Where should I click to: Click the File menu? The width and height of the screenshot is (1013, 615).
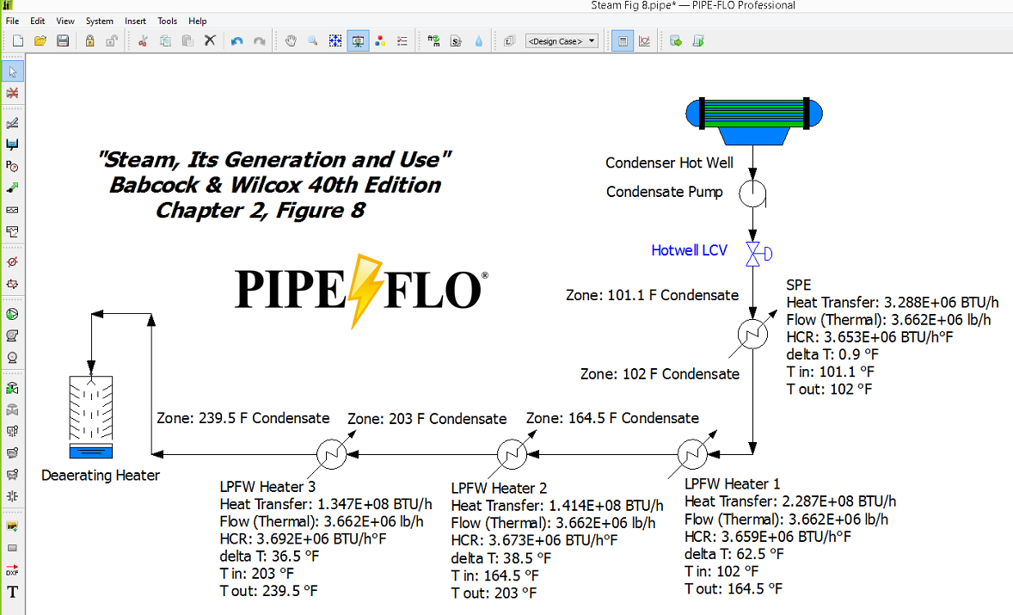[x=12, y=21]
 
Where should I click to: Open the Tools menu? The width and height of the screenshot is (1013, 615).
[x=168, y=21]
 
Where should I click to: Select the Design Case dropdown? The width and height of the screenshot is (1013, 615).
[x=562, y=41]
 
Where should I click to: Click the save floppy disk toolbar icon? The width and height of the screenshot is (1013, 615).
[x=63, y=41]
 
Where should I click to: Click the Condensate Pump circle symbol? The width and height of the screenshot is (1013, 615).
[x=752, y=194]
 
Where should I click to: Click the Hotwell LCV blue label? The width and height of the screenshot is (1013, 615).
[x=690, y=250]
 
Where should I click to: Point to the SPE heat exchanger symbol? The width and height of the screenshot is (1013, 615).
[x=752, y=334]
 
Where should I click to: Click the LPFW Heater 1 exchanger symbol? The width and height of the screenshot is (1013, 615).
[x=692, y=454]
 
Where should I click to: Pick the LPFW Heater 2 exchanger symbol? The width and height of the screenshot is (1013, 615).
[x=512, y=454]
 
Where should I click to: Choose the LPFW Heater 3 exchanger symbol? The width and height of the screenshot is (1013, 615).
[x=331, y=454]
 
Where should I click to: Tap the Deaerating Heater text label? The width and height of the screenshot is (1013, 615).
[x=101, y=476]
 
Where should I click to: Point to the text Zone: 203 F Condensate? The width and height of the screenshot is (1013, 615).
[x=427, y=419]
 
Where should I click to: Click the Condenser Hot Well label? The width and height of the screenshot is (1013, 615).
[x=669, y=163]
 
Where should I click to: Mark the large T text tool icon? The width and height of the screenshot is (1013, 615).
[x=12, y=592]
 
